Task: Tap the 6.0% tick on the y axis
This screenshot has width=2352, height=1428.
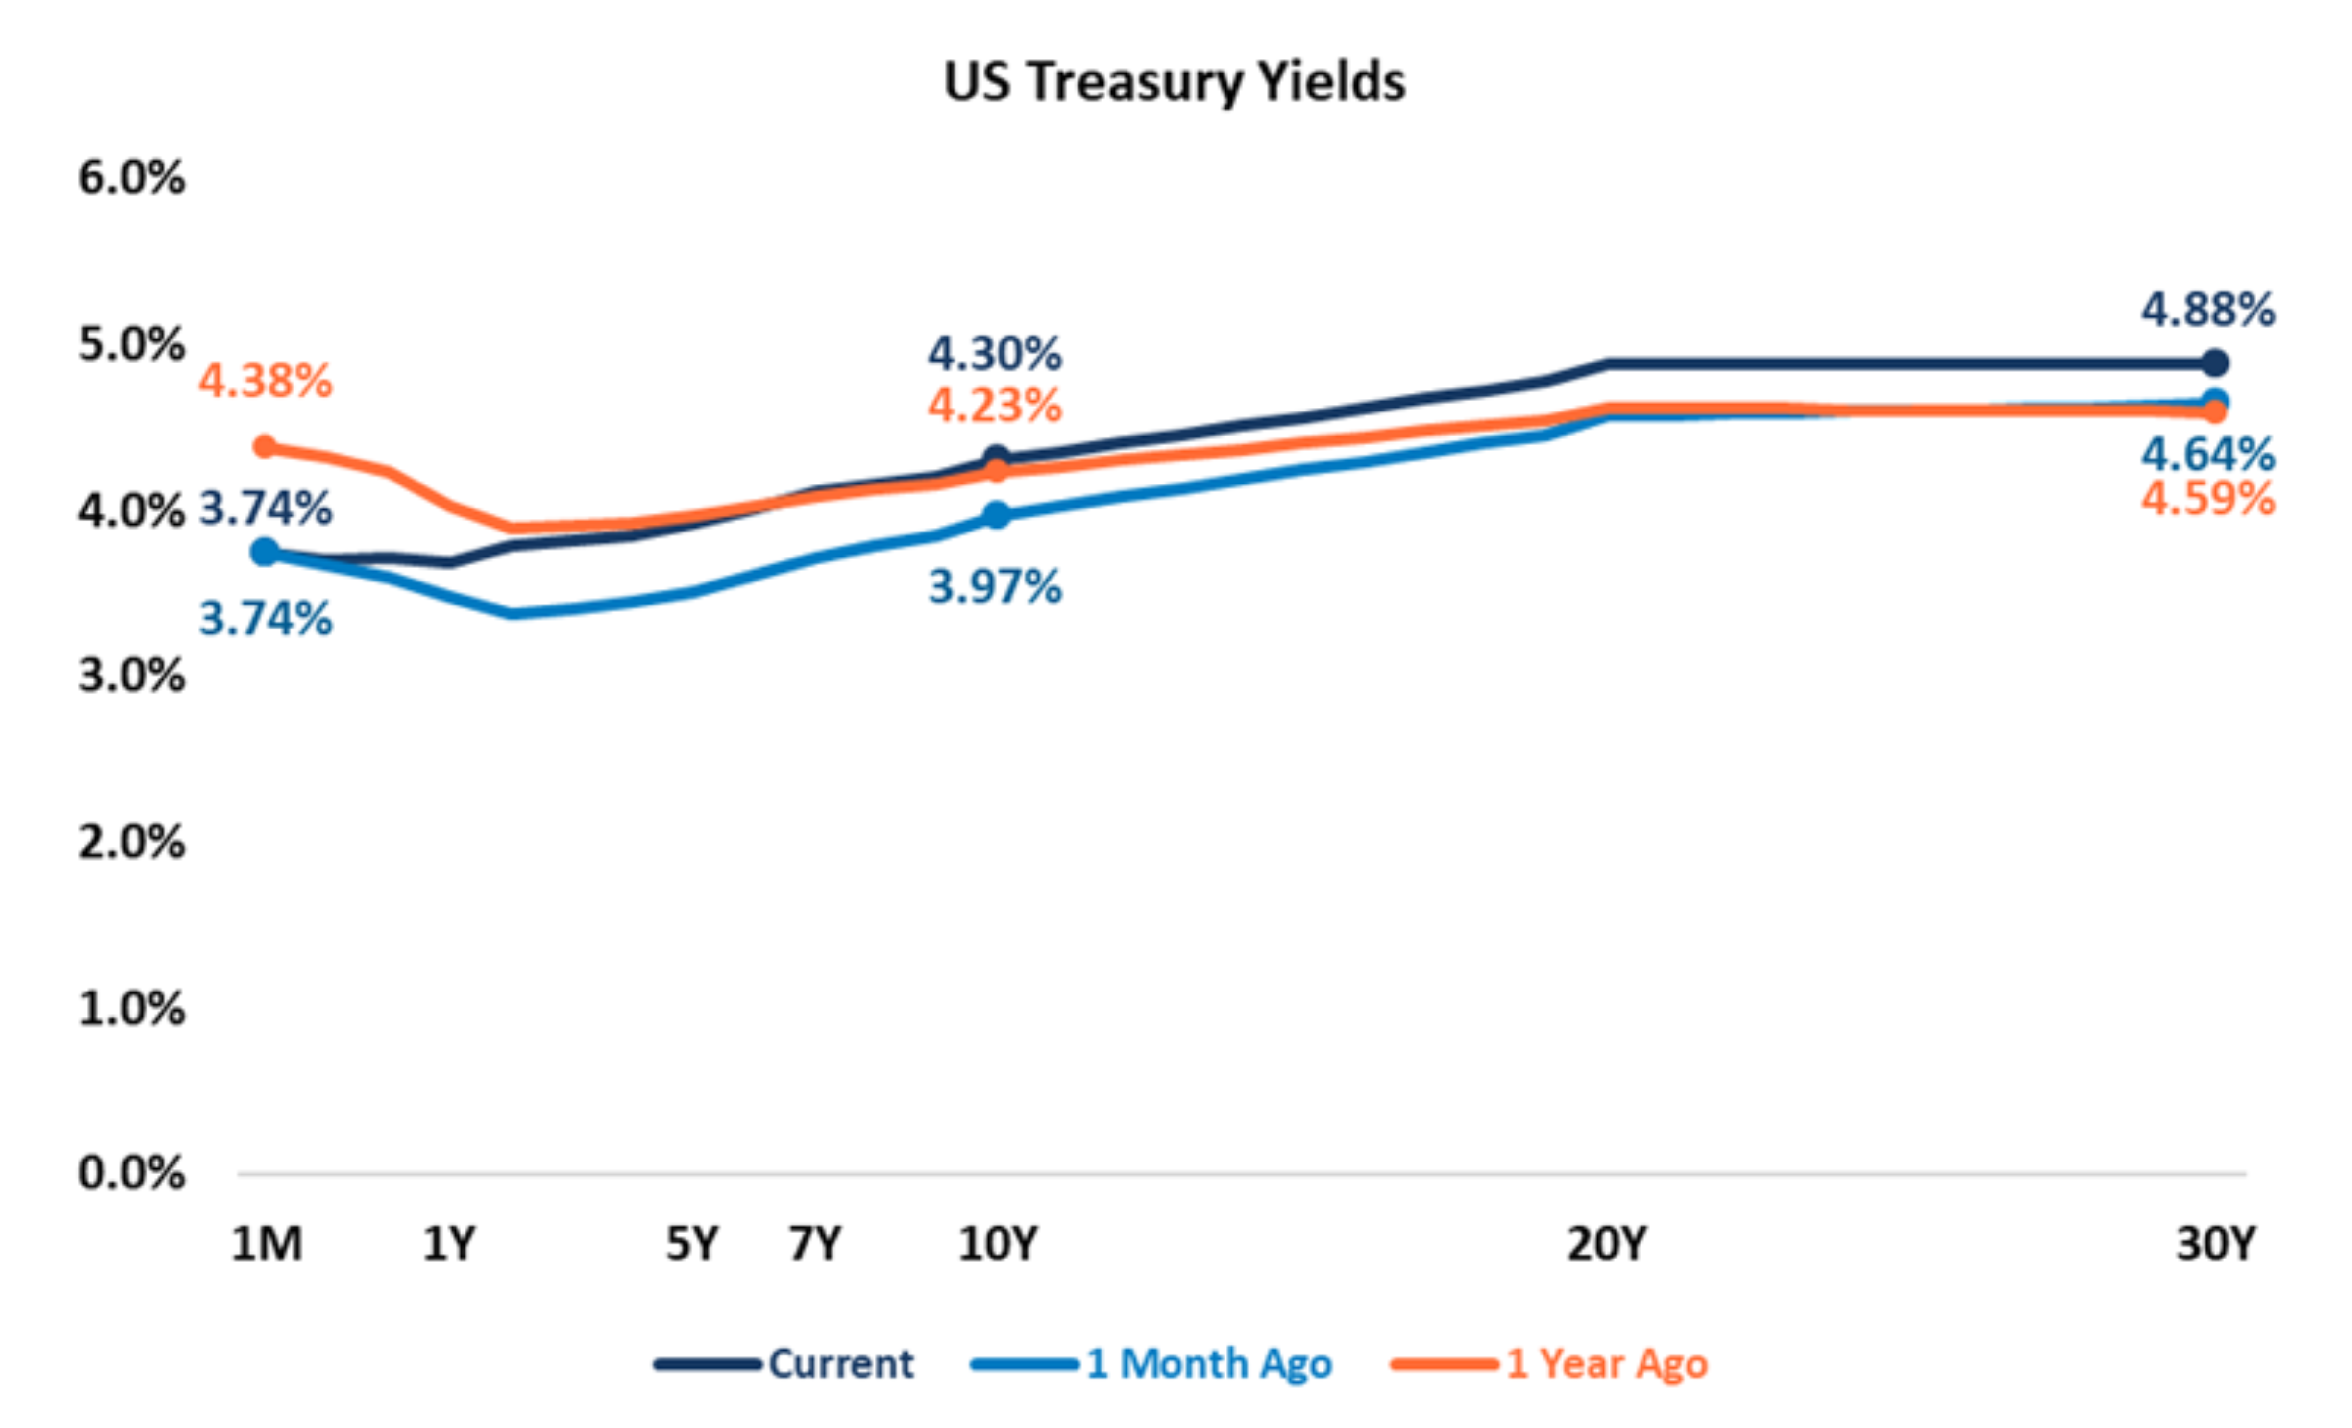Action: (132, 178)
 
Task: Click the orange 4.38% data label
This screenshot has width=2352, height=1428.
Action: (266, 381)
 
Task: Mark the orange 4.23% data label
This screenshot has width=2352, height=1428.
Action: (995, 406)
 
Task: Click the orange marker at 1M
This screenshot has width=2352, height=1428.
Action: (266, 447)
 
